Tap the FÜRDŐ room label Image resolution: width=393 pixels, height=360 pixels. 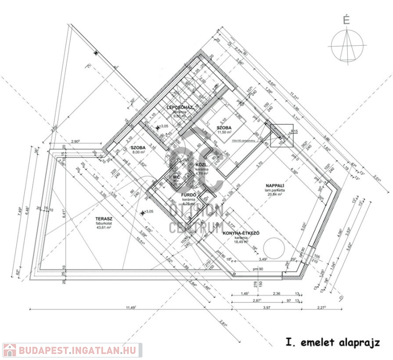[x=189, y=195]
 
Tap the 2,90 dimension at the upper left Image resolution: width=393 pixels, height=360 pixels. [x=75, y=141]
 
